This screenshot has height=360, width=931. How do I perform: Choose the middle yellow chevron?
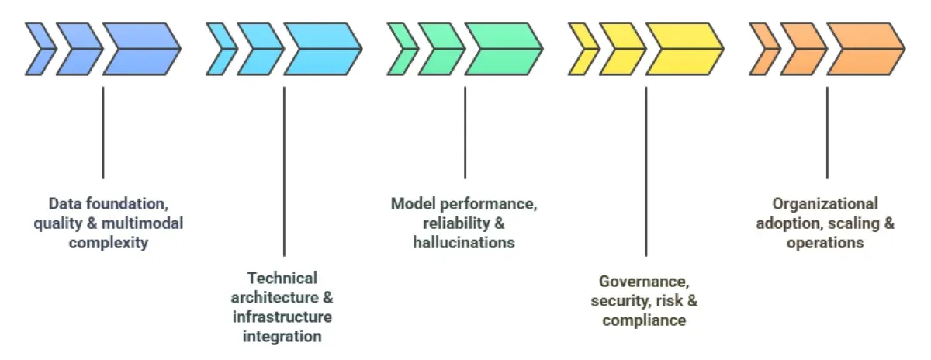pyautogui.click(x=621, y=49)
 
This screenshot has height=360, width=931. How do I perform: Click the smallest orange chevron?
pyautogui.click(x=763, y=49)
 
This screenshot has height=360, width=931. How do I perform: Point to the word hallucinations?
pyautogui.click(x=465, y=242)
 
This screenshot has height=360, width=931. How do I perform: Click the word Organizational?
pyautogui.click(x=825, y=204)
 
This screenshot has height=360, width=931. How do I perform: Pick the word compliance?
pyautogui.click(x=644, y=320)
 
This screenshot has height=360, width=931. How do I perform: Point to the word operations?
pyautogui.click(x=825, y=242)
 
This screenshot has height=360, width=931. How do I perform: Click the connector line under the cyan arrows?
pyautogui.click(x=284, y=171)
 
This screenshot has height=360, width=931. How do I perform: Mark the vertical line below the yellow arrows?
pyautogui.click(x=645, y=171)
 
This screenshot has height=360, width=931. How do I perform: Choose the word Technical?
pyautogui.click(x=282, y=278)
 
